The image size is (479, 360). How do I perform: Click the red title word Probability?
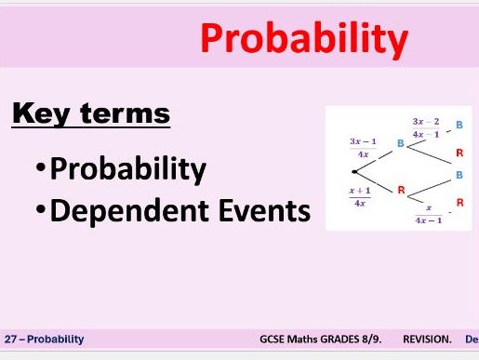(304, 40)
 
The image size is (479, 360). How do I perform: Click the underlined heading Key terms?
(90, 113)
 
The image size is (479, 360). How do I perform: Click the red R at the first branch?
(402, 191)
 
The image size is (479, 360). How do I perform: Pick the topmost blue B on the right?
(459, 124)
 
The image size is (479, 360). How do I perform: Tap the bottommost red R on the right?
(459, 202)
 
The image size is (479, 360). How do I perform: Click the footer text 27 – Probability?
(44, 340)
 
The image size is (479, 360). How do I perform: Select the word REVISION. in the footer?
(427, 340)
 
